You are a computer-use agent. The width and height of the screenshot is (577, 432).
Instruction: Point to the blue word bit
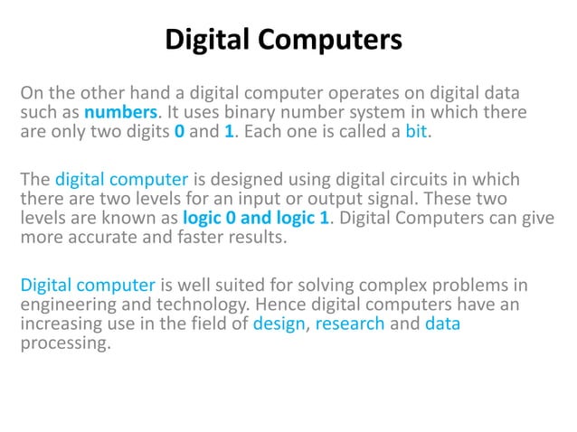[x=418, y=134]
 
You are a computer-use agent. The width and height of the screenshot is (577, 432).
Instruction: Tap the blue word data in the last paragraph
[x=442, y=324]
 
